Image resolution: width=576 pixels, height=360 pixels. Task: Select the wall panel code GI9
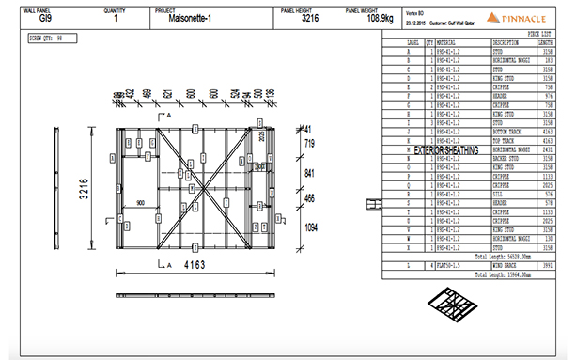click(40, 18)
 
